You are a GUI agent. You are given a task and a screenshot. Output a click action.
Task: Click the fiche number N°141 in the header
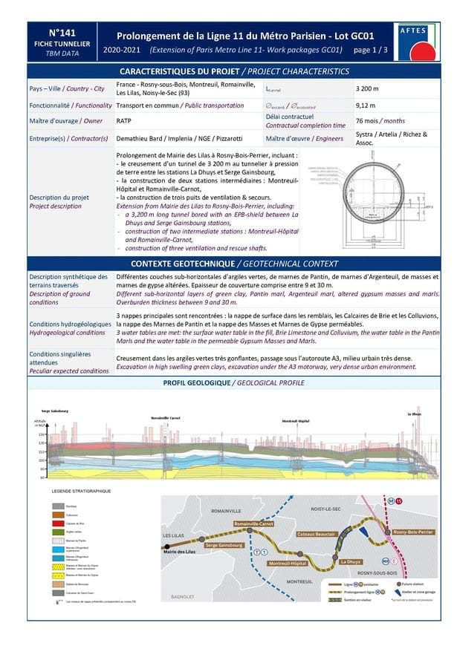point(62,33)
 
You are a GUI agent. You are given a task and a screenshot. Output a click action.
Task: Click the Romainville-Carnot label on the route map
point(253,524)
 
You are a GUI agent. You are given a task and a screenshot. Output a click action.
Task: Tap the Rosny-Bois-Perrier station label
point(413,532)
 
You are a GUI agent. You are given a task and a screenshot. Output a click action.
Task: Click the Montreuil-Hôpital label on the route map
point(288,564)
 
